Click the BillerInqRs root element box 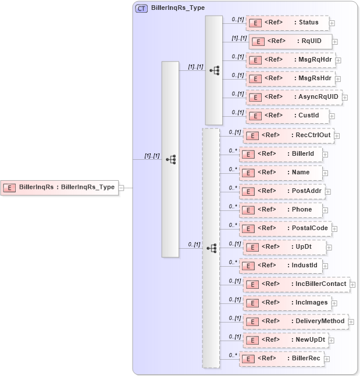(x=60, y=187)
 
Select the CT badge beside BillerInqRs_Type (x=141, y=9)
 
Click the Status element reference (x=287, y=23)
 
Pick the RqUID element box (x=290, y=41)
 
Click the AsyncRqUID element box (x=293, y=97)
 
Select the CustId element (x=287, y=116)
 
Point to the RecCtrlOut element (x=288, y=135)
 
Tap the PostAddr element (x=281, y=191)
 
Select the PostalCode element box (x=286, y=228)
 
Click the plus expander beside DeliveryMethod (x=351, y=321)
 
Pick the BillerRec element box (x=281, y=359)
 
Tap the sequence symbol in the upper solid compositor (x=214, y=70)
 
